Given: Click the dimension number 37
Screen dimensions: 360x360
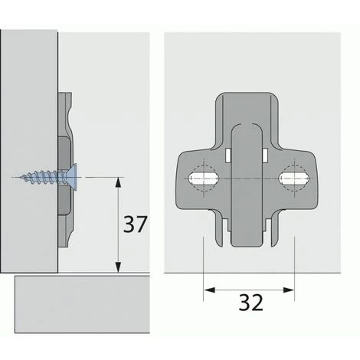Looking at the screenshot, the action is pos(136,224).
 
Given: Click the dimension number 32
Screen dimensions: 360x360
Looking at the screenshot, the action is pos(250,303).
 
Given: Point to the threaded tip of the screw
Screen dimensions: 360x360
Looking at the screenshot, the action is pos(23,177).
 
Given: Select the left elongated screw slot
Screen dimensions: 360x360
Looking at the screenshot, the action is pos(204,178).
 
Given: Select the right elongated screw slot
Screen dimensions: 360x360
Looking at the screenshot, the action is pos(294,178).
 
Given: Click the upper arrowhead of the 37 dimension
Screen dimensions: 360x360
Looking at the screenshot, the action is pos(118,182).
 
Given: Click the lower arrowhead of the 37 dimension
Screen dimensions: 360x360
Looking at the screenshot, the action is pos(118,267).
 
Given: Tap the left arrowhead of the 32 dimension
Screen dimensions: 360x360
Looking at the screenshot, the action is pos(209,290).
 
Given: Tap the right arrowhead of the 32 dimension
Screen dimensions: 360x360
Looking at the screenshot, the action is pos(289,290).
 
